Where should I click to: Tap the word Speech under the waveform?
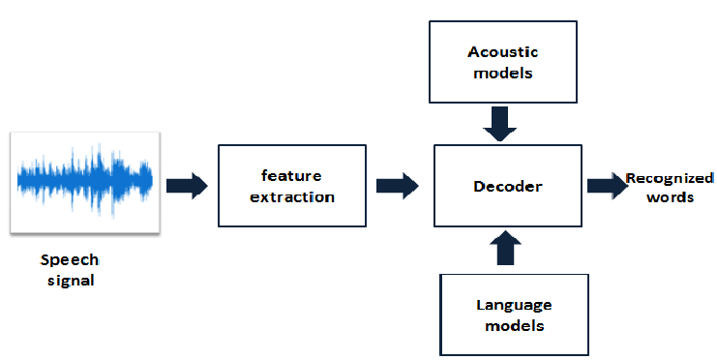70,261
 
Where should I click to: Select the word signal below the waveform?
70,281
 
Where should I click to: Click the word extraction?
291,196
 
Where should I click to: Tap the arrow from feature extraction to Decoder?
397,184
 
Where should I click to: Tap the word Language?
514,305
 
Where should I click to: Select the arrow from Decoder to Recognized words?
607,185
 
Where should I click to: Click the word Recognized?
670,178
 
